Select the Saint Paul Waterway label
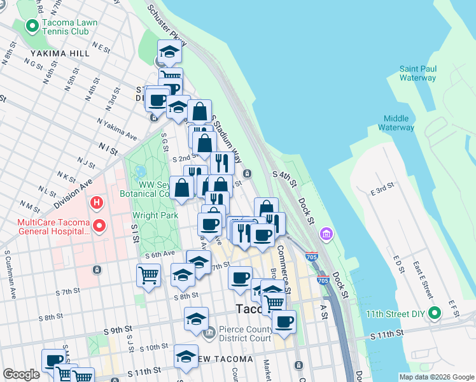coord(417,73)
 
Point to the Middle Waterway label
coord(396,123)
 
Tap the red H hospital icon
coord(97,204)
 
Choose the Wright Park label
coord(155,216)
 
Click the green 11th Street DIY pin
coord(435,313)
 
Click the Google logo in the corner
coord(21,374)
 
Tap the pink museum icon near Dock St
coord(327,234)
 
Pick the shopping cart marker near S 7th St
coord(148,276)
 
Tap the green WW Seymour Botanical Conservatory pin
coord(141,173)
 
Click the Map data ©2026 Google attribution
coord(436,377)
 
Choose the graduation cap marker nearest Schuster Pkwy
coord(169,52)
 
